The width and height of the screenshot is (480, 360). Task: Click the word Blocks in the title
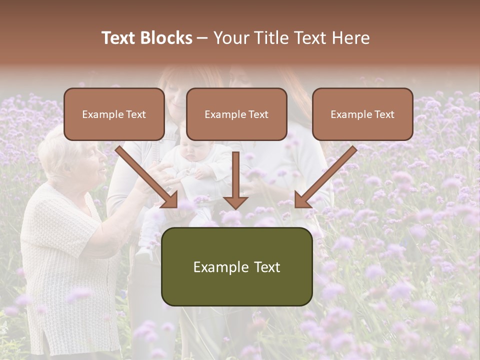(x=166, y=38)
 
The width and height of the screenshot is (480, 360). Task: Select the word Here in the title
(x=350, y=38)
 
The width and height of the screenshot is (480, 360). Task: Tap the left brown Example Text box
(x=114, y=114)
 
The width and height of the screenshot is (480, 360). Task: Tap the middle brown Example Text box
(x=236, y=114)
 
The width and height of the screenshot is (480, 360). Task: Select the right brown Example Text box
(x=362, y=114)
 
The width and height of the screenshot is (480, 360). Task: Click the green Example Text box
(x=236, y=266)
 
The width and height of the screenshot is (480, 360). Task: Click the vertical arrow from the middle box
(x=236, y=180)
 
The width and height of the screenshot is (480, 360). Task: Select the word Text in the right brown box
(x=384, y=114)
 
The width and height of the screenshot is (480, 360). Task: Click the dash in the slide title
(x=202, y=38)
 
